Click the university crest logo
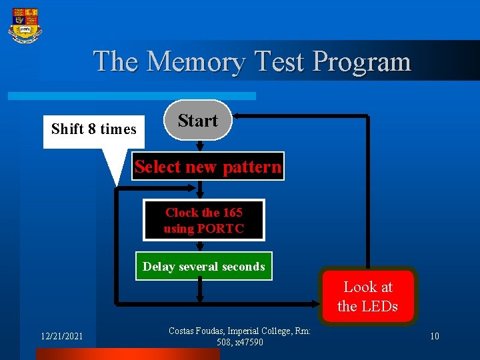25,25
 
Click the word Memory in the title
195,61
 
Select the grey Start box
197,121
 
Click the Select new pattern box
207,167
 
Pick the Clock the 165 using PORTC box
204,220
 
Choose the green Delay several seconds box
203,267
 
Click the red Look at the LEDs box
368,297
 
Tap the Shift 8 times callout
93,129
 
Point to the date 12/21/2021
60,337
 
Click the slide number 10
434,337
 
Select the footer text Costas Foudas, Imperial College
239,331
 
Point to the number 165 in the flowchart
233,213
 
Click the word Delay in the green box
159,267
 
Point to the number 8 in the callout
92,129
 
